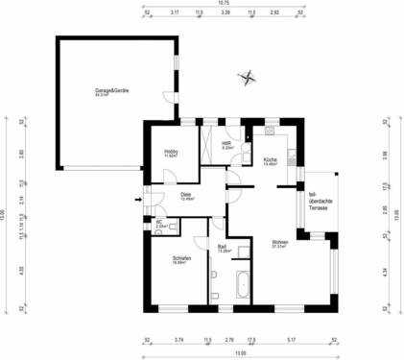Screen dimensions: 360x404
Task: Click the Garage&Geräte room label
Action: pos(112,92)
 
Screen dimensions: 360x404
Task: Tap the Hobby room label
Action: pos(172,152)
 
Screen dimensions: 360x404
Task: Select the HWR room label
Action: pos(228,146)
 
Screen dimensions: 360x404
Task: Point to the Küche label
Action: pos(270,161)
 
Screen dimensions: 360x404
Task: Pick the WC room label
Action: pos(161,225)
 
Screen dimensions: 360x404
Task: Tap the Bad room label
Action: pos(223,248)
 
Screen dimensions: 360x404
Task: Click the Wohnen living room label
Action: pos(280,243)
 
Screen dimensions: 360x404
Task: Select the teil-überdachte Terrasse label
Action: pos(320,201)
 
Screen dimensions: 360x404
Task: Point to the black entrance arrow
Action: pos(137,200)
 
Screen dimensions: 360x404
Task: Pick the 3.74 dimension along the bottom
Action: pos(178,340)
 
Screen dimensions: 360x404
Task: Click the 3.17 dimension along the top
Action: pos(175,14)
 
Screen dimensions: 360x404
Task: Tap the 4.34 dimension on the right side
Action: pos(384,272)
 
